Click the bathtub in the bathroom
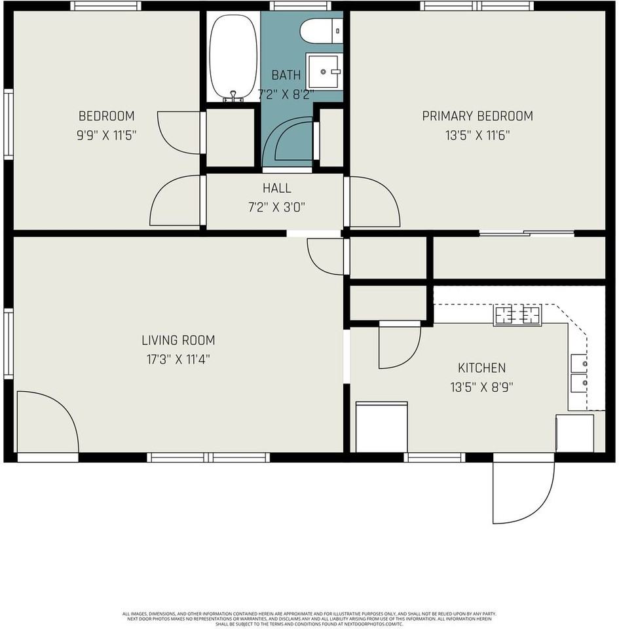(x=233, y=56)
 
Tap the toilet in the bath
(x=321, y=30)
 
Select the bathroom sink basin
(x=325, y=71)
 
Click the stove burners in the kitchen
(x=517, y=315)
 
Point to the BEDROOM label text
(x=106, y=116)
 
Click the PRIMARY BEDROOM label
(x=477, y=116)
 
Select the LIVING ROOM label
(x=178, y=340)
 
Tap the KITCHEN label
(x=481, y=368)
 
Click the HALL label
(x=276, y=188)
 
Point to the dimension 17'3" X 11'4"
(x=178, y=359)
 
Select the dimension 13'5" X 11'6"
(x=477, y=136)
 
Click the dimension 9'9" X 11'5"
(x=106, y=136)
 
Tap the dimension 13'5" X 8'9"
(x=481, y=387)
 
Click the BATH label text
(x=286, y=75)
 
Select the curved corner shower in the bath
(x=291, y=141)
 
